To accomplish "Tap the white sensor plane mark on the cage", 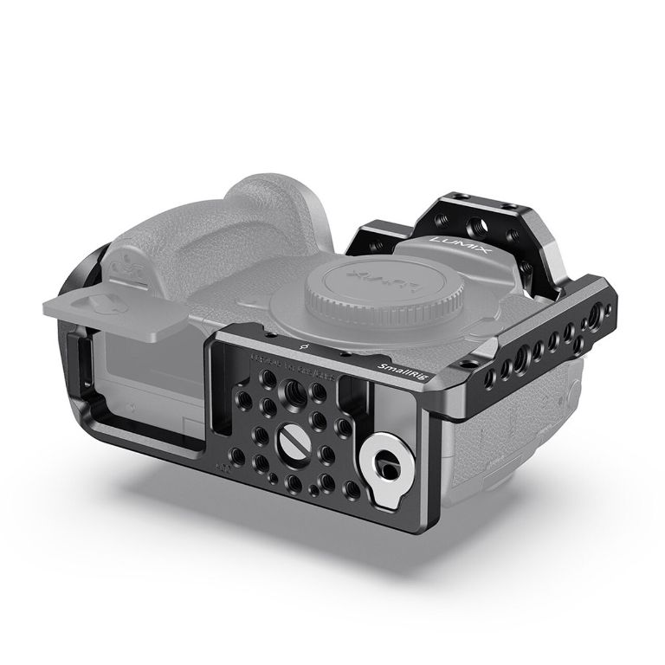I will [302, 351].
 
